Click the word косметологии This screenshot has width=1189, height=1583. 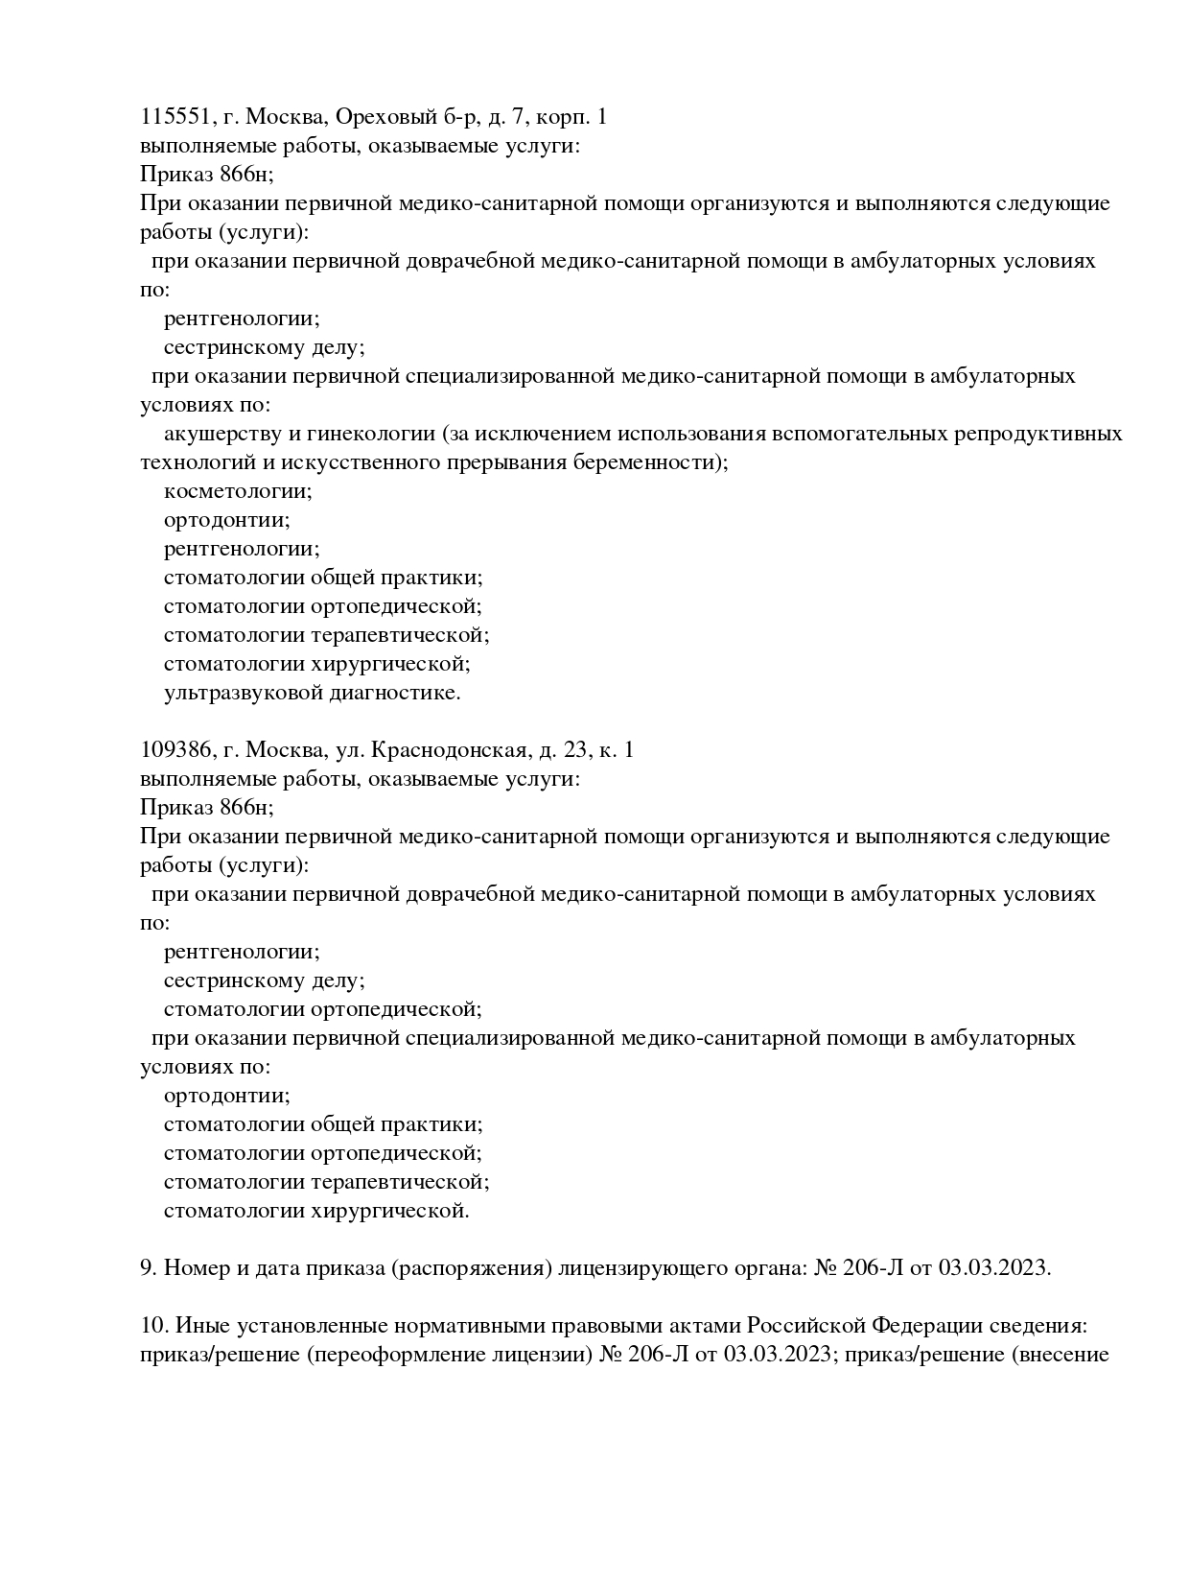(x=238, y=491)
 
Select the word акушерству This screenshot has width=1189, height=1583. (x=216, y=434)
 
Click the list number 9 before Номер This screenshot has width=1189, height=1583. (x=147, y=1268)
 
